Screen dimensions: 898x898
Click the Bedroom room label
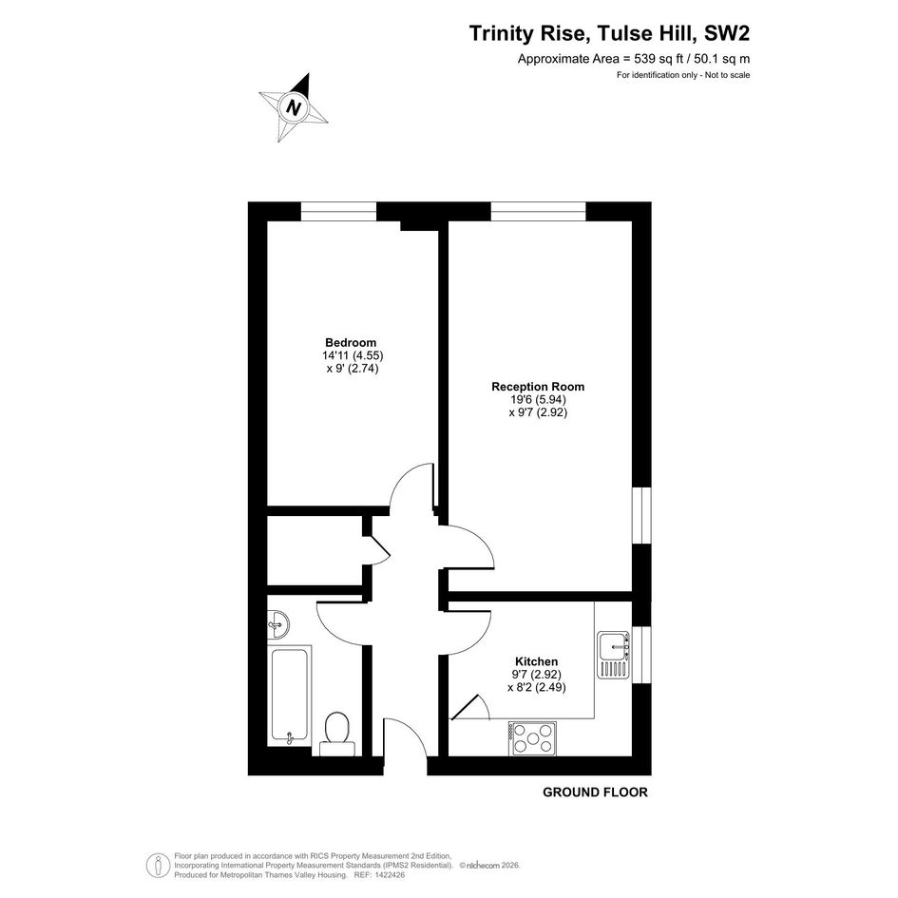351,342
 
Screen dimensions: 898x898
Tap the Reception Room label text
538,387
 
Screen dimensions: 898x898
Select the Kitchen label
536,661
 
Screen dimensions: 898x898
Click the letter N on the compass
295,107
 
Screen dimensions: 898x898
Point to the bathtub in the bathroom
290,696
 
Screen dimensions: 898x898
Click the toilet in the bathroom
337,734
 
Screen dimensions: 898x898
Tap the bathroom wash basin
278,624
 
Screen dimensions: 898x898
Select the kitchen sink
613,655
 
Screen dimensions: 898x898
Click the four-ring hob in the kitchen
532,738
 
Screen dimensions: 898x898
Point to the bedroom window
339,211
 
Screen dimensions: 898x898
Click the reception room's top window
539,211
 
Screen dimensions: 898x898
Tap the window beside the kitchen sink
642,655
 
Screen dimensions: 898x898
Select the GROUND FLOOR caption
595,793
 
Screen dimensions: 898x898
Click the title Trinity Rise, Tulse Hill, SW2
609,33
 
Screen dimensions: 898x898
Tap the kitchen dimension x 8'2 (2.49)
537,687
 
